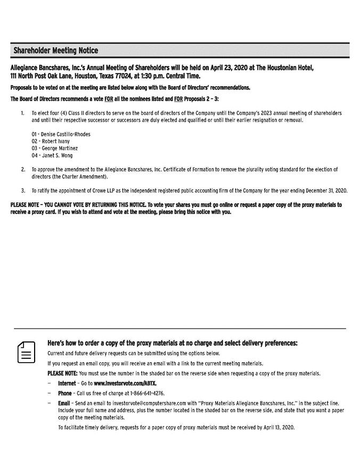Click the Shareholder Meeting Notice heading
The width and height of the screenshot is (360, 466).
[x=55, y=51]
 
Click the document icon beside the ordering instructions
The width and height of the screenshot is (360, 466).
[x=26, y=352]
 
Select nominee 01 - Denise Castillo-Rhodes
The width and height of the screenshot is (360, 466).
[x=61, y=134]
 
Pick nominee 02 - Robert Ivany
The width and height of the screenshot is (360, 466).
[x=51, y=141]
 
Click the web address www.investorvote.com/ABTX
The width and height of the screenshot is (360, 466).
[x=125, y=383]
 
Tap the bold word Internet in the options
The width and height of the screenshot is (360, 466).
[x=67, y=383]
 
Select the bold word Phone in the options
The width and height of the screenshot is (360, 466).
[x=65, y=393]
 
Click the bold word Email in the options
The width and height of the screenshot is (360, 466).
[x=64, y=403]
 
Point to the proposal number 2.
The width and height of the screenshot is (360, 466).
[x=23, y=169]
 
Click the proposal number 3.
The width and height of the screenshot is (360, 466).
[x=23, y=190]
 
